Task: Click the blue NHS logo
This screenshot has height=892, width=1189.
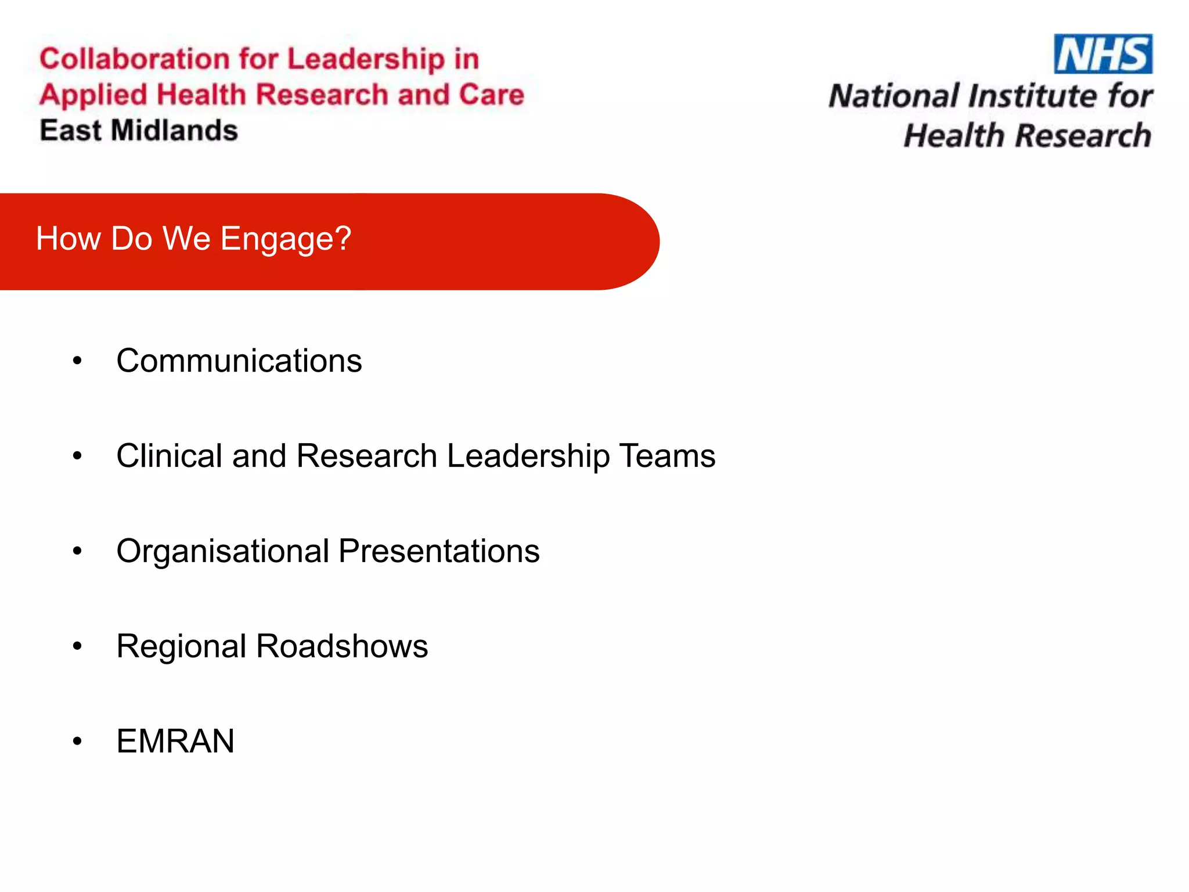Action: [x=1103, y=54]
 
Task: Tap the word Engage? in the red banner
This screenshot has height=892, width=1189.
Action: [x=286, y=239]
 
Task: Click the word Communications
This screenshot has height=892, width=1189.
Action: [x=239, y=361]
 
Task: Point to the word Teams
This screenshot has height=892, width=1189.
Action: [x=667, y=456]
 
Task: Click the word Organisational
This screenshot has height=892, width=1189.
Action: [x=223, y=551]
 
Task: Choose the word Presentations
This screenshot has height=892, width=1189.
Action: [x=439, y=551]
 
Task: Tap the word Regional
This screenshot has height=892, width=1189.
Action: [x=181, y=646]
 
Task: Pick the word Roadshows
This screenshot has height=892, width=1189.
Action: [x=342, y=646]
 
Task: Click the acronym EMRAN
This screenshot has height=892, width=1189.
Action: [x=175, y=742]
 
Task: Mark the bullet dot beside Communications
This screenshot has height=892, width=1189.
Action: [x=77, y=361]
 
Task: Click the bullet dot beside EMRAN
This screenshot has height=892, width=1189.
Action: [x=77, y=742]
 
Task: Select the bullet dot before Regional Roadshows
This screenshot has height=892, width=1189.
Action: [x=77, y=646]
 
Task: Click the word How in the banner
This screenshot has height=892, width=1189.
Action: [x=68, y=239]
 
